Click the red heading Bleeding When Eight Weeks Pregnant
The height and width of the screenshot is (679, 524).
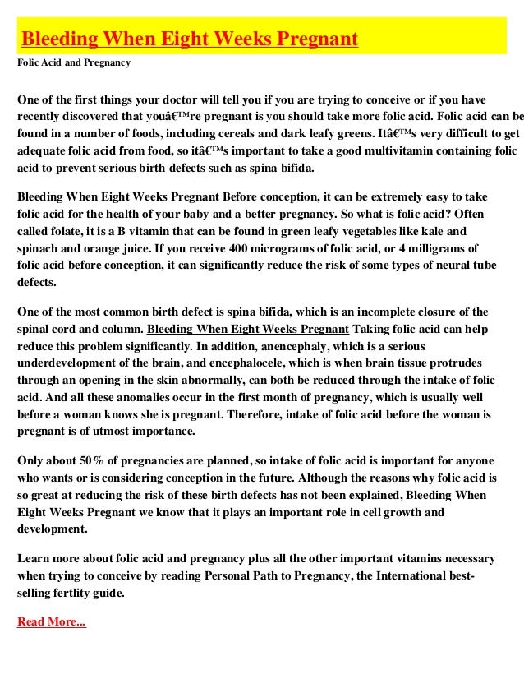189,39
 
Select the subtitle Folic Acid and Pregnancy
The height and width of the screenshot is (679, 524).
73,62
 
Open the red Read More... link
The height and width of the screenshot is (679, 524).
51,621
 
